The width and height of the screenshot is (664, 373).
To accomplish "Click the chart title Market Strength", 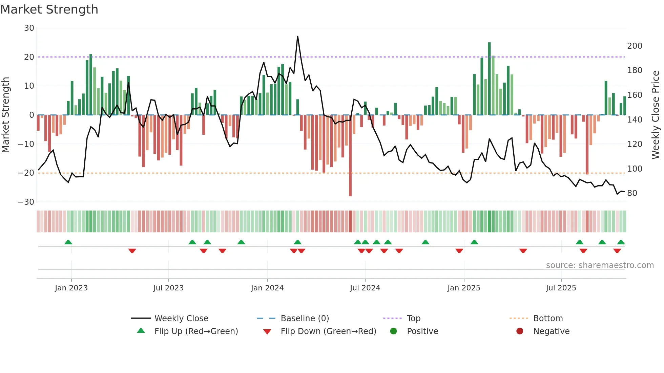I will tap(49, 9).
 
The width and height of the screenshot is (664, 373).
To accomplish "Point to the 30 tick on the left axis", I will tap(29, 28).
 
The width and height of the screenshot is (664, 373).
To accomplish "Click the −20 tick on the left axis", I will tap(26, 173).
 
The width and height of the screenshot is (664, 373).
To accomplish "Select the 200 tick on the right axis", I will tap(635, 46).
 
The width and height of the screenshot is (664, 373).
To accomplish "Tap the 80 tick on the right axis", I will tap(632, 193).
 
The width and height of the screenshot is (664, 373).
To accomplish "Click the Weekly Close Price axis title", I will tap(656, 115).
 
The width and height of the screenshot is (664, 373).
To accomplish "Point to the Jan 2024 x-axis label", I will tap(267, 288).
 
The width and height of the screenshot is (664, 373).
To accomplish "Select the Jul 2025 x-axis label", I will tap(561, 288).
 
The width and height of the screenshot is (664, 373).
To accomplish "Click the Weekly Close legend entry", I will tap(181, 319).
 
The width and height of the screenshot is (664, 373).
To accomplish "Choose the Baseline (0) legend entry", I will tap(305, 319).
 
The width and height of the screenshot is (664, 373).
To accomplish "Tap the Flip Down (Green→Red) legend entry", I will tap(328, 331).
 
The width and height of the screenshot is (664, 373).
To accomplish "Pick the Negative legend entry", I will tap(551, 331).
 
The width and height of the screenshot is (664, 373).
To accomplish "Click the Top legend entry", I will tap(413, 319).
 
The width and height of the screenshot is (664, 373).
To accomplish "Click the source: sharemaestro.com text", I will tap(600, 265).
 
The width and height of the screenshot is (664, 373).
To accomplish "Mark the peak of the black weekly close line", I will tap(297, 37).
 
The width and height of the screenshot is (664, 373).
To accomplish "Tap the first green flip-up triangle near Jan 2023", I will tap(68, 242).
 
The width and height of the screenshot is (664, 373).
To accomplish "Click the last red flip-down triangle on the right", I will tap(617, 251).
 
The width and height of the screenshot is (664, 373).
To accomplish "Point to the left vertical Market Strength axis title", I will tap(6, 115).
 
